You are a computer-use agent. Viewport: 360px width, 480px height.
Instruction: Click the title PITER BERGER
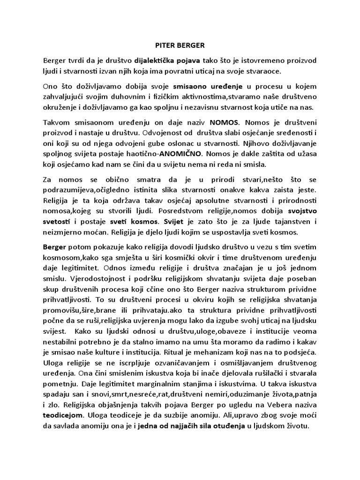click(x=180, y=46)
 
